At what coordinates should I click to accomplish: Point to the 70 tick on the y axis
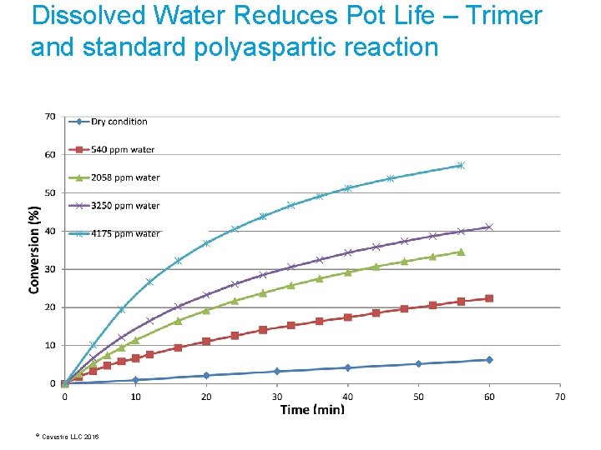tap(50, 117)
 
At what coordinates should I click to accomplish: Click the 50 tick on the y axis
tap(50, 192)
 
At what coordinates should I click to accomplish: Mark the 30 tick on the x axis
tap(277, 397)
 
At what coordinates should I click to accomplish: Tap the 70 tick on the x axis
tap(560, 397)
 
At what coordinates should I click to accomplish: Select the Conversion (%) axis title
tap(35, 250)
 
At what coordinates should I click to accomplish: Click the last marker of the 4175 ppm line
tap(461, 166)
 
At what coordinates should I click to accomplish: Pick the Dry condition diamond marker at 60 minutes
tap(489, 360)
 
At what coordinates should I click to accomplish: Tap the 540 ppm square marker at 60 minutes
tap(489, 298)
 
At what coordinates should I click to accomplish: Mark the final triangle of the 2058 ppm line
tap(461, 252)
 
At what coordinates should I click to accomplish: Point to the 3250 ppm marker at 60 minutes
tap(489, 227)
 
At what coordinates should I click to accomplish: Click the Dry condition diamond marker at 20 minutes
tap(206, 376)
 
